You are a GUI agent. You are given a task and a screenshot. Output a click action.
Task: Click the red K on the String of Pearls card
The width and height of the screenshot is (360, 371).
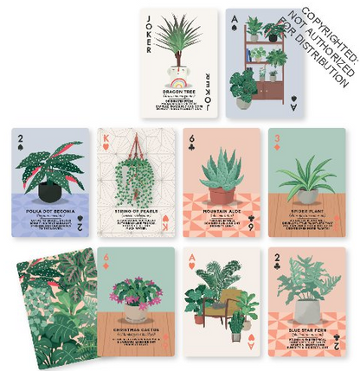pos(106,138)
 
